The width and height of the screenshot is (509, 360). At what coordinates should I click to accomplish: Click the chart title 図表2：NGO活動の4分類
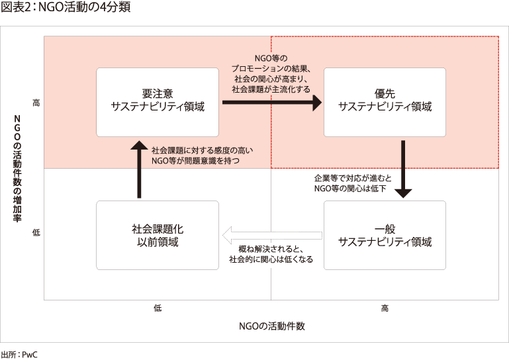tap(65, 8)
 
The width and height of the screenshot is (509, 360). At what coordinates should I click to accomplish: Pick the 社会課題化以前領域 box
tap(158, 235)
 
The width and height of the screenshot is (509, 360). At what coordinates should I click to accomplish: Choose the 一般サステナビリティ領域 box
tap(385, 235)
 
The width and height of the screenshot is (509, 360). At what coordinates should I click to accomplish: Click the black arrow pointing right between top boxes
tap(271, 103)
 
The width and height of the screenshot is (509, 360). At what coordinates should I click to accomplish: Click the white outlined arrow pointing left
tap(271, 235)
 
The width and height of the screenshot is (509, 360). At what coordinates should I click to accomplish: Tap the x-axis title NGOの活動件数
tap(271, 326)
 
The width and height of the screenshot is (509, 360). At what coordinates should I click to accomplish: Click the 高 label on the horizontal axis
tap(385, 308)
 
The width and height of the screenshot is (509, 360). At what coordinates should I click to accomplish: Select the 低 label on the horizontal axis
tap(158, 308)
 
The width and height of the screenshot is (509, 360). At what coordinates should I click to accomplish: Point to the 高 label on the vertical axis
tap(36, 103)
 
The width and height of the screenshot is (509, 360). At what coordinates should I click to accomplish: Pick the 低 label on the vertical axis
tap(36, 233)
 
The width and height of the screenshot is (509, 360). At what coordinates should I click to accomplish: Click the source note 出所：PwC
tap(20, 354)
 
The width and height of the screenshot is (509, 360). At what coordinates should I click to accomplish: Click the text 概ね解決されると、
tap(271, 249)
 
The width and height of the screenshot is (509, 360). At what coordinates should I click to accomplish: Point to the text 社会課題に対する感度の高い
tap(202, 150)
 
